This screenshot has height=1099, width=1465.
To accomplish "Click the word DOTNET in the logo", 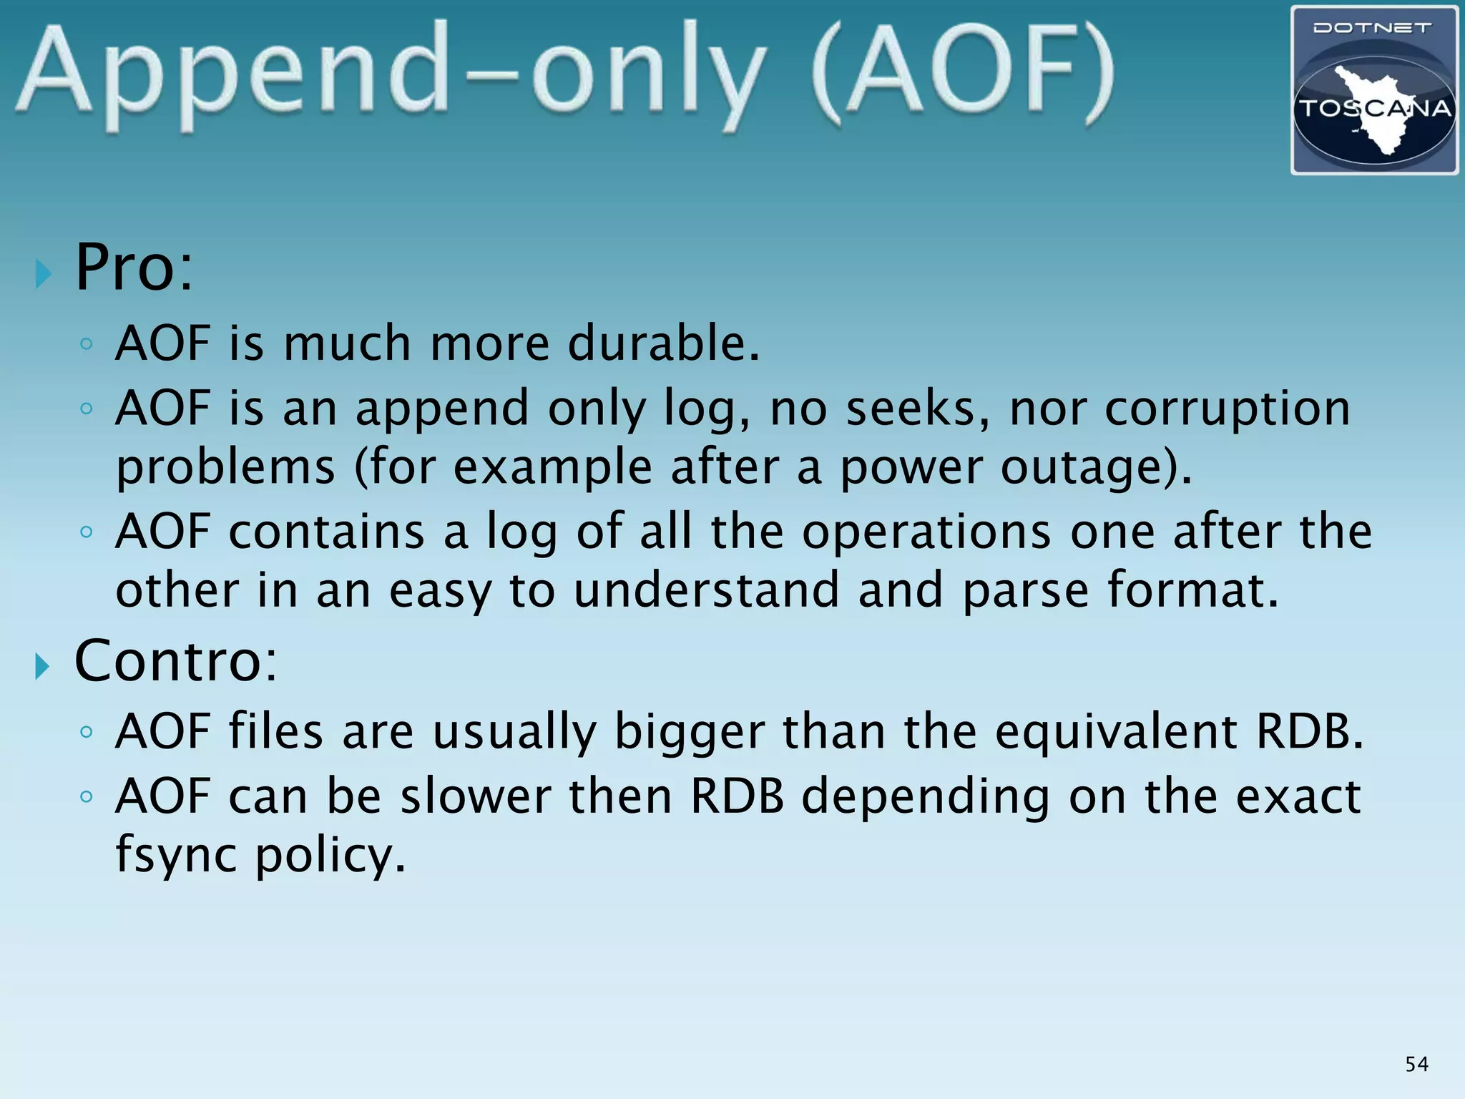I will [x=1373, y=29].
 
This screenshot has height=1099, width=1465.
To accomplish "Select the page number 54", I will [x=1416, y=1064].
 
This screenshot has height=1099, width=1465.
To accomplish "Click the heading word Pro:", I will [x=134, y=268].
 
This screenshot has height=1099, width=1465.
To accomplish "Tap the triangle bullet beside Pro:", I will [x=44, y=273].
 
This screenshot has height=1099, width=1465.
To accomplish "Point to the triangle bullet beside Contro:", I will [x=44, y=667].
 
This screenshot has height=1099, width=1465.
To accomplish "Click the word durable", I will [x=663, y=343].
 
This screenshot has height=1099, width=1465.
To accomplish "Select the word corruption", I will [x=1227, y=409].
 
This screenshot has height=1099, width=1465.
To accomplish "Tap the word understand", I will [x=706, y=591].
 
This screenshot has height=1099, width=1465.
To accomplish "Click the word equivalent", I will [x=1116, y=732].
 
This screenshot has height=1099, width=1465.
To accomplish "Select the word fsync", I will [x=176, y=855].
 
